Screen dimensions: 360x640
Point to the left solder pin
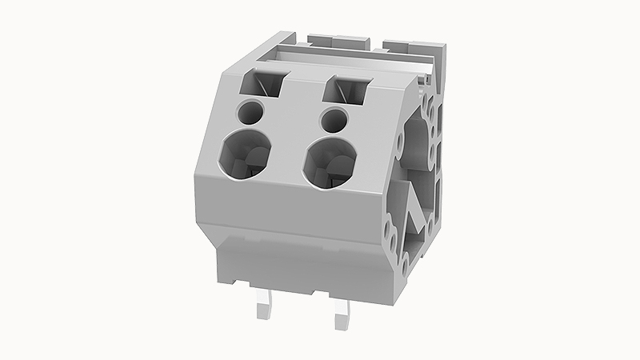point(266,308)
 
